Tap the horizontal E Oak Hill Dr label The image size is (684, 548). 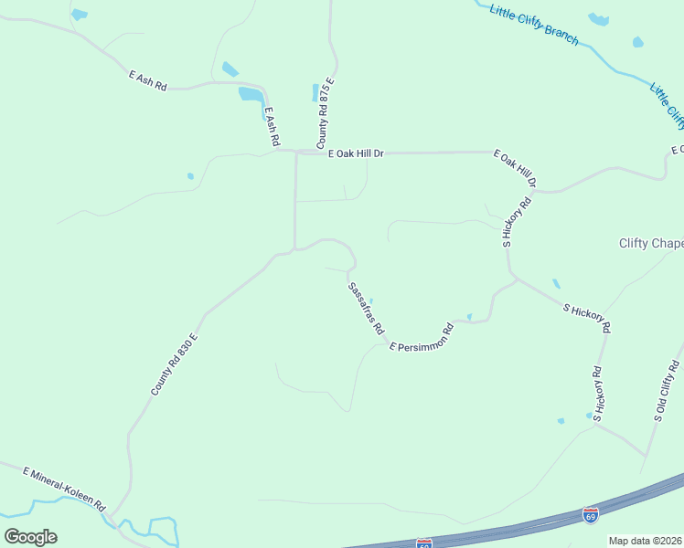click(355, 153)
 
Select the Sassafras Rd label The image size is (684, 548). click(365, 309)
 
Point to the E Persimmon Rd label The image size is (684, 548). click(422, 337)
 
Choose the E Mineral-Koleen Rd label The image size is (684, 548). click(65, 490)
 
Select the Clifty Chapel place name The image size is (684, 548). click(650, 243)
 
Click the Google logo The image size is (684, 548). click(30, 537)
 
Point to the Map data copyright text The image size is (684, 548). click(646, 541)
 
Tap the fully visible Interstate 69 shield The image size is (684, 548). click(591, 516)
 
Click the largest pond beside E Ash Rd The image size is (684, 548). click(251, 94)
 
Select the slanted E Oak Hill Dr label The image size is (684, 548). click(514, 170)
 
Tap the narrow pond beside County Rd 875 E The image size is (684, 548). click(315, 92)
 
